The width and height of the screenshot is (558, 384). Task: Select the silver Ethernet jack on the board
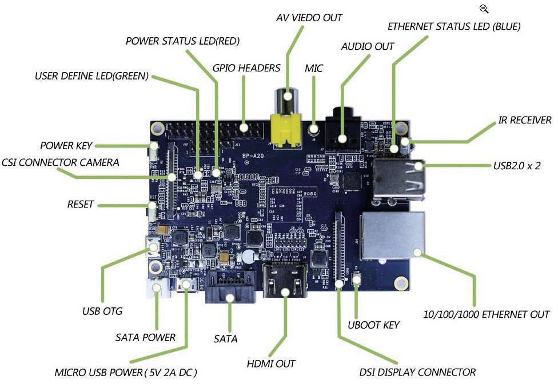(392, 235)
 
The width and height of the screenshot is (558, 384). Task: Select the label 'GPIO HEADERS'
(246, 68)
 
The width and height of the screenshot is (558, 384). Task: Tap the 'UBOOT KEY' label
(373, 325)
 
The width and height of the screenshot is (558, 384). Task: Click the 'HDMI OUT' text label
(271, 363)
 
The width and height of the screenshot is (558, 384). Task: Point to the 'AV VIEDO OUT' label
(309, 18)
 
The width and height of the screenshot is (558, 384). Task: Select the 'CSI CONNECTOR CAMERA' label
(60, 162)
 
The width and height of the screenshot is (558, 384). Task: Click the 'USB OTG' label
(102, 311)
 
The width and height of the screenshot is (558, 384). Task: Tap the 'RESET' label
(80, 204)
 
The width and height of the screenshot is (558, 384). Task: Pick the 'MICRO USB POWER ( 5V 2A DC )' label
(126, 372)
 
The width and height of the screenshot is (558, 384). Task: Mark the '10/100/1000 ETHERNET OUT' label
(487, 314)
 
